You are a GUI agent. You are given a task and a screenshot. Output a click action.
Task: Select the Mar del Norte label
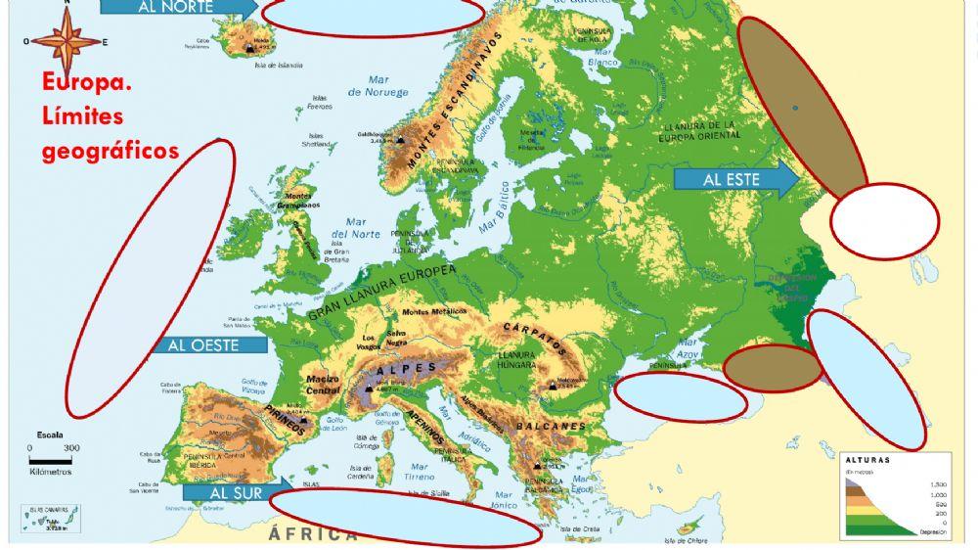355,227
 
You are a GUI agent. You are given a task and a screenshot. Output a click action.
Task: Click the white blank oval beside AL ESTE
884,222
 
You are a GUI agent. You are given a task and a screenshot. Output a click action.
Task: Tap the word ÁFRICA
314,533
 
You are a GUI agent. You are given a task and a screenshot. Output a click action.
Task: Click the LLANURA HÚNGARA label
516,360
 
